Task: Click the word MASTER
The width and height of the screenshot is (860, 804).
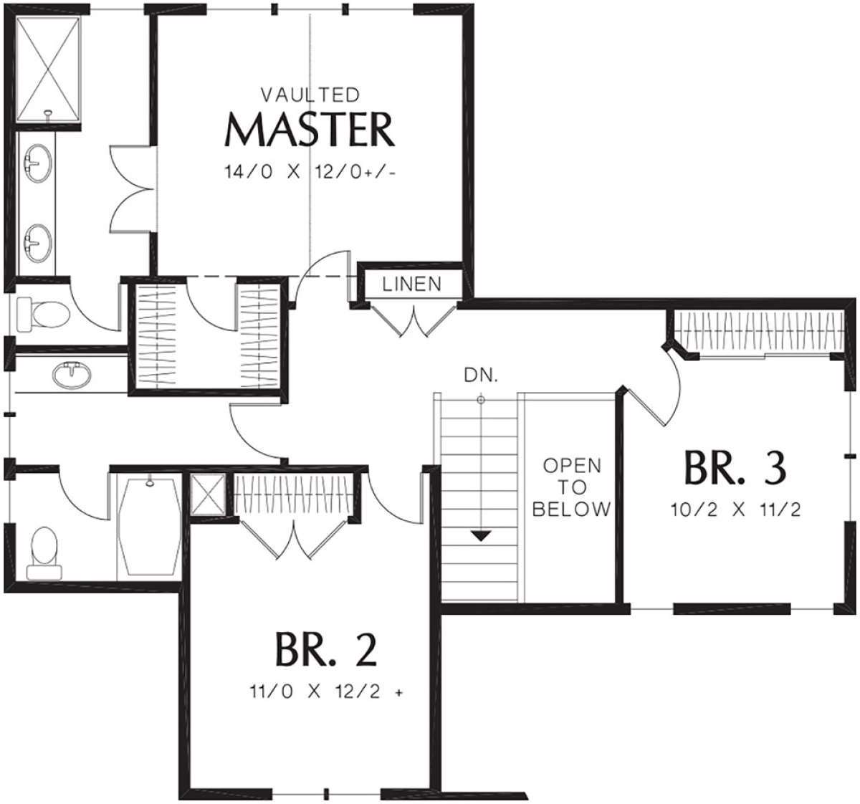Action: point(310,130)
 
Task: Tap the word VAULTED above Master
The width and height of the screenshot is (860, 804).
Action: point(310,95)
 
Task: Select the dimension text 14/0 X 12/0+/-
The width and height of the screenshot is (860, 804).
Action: point(310,172)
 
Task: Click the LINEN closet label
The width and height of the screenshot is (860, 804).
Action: point(411,284)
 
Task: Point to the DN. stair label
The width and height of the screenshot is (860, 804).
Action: point(481,375)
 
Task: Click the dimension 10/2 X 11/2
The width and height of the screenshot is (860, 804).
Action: point(735,510)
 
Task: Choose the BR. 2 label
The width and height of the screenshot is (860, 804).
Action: point(325,649)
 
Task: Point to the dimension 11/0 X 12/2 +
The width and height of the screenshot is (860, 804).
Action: point(325,692)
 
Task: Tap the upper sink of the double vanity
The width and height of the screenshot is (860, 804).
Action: point(36,163)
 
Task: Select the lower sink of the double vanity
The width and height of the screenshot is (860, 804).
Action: point(36,241)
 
